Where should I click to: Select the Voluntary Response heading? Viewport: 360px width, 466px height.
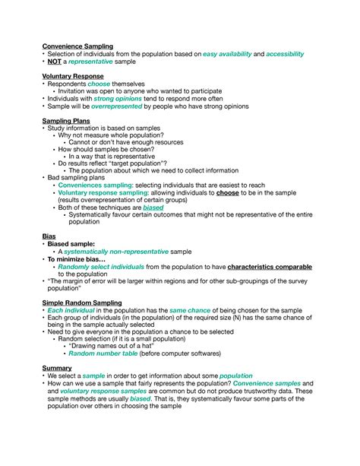click(x=72, y=76)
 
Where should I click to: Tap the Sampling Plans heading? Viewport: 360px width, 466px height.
click(x=66, y=121)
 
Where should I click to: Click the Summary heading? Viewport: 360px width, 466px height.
click(x=57, y=368)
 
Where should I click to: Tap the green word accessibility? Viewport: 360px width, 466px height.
click(x=284, y=54)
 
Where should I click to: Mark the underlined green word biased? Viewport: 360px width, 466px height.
click(x=154, y=208)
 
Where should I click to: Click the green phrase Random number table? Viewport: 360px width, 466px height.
click(x=103, y=353)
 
